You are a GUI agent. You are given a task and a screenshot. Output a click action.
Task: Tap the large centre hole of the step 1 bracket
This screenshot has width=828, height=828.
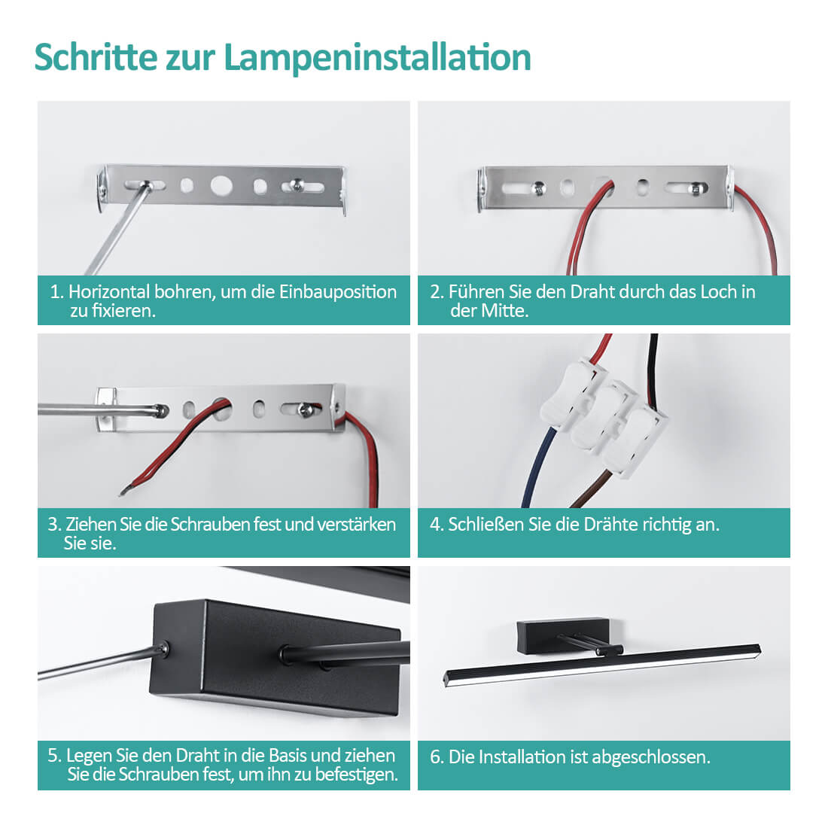coord(221,185)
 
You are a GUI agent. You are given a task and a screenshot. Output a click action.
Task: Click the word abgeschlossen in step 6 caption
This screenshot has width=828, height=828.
coord(650,758)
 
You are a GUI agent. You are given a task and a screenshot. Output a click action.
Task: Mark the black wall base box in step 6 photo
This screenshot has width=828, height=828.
coord(562,629)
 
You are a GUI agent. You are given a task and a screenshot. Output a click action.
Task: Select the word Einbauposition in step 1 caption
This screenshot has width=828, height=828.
coord(337,292)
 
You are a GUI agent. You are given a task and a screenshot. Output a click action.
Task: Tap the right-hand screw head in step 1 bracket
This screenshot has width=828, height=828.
coord(297,184)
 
